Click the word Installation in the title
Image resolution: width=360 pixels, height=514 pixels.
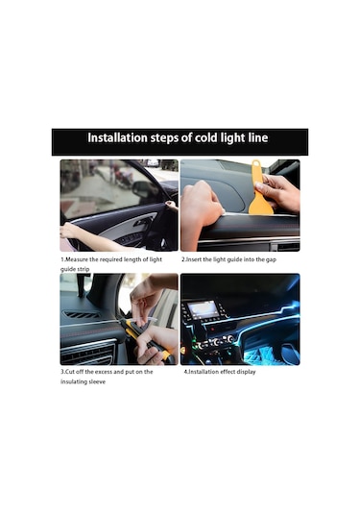[x=117, y=137]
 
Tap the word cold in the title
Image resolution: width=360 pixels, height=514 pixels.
[x=206, y=137]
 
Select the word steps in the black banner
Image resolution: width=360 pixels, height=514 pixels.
[x=165, y=138]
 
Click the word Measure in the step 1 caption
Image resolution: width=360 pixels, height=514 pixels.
[x=77, y=259]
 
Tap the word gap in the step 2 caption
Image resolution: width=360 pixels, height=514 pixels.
[x=271, y=260]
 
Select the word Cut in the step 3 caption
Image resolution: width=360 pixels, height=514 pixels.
[x=70, y=372]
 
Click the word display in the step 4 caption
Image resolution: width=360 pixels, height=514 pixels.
[x=246, y=372]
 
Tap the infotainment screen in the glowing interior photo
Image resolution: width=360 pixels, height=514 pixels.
[x=203, y=308]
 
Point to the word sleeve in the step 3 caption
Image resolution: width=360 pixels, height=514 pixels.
[x=96, y=381]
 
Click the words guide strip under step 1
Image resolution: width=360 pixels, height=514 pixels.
[x=75, y=269]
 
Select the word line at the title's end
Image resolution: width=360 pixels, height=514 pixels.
[x=258, y=137]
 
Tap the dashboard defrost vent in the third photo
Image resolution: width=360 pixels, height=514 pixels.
[x=82, y=315]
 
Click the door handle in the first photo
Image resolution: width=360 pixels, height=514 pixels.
[x=142, y=223]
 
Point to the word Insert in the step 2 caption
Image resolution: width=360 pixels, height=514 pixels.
[x=194, y=259]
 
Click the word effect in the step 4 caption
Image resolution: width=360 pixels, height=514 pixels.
[x=228, y=372]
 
